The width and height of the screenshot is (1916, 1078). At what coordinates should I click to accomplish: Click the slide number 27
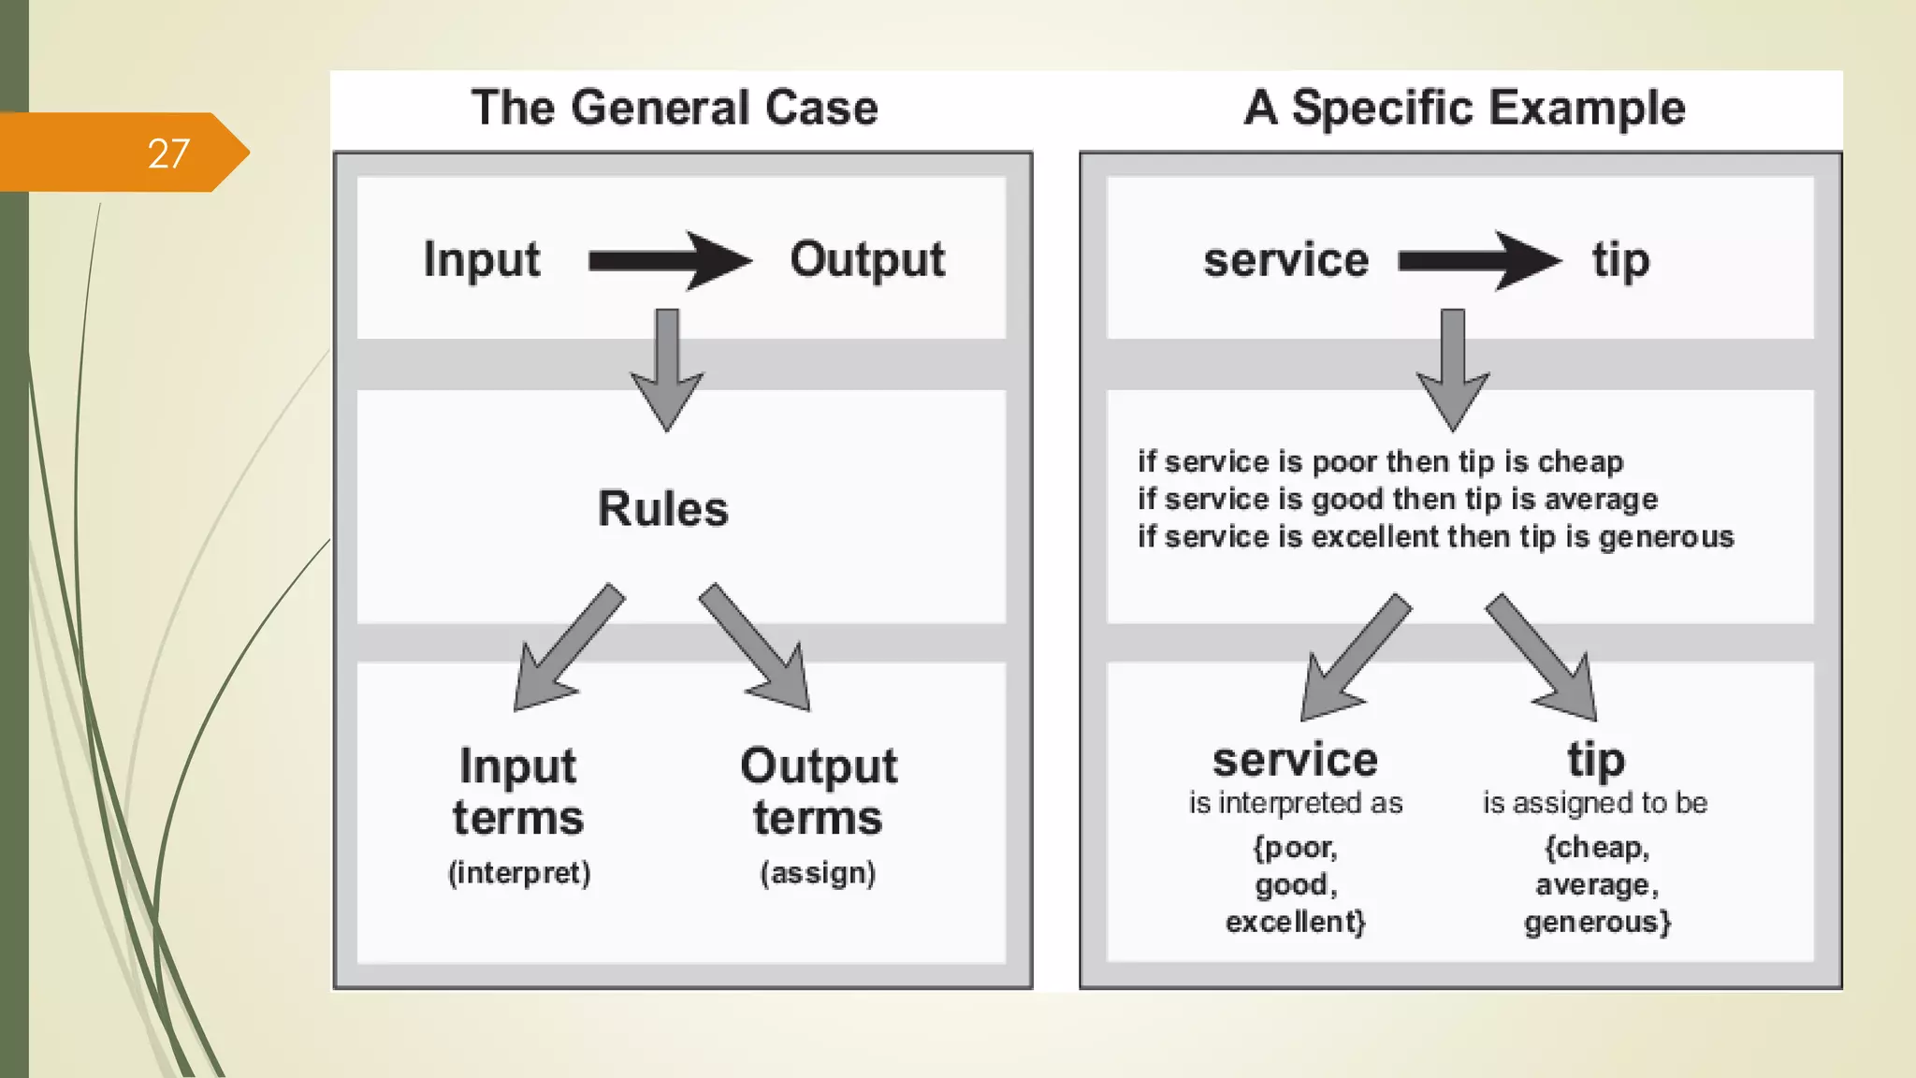pyautogui.click(x=168, y=153)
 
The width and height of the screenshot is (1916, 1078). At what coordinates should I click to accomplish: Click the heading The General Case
pyautogui.click(x=675, y=108)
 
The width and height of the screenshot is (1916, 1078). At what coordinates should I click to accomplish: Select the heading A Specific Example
pyautogui.click(x=1464, y=108)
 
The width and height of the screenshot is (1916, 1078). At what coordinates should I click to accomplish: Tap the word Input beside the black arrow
pyautogui.click(x=481, y=260)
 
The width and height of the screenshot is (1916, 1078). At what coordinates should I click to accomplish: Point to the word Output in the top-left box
pyautogui.click(x=867, y=260)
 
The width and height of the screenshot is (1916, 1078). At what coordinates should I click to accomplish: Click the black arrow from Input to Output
pyautogui.click(x=669, y=260)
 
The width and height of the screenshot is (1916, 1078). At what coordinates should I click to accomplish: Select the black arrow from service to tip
pyautogui.click(x=1478, y=260)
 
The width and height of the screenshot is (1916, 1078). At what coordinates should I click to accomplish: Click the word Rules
pyautogui.click(x=662, y=509)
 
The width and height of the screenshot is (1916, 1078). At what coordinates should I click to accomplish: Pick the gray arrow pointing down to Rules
pyautogui.click(x=666, y=370)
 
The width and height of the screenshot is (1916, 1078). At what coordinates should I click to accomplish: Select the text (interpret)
pyautogui.click(x=519, y=873)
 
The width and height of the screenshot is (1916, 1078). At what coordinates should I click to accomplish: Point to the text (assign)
pyautogui.click(x=818, y=873)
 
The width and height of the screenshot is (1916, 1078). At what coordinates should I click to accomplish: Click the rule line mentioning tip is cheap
pyautogui.click(x=1380, y=461)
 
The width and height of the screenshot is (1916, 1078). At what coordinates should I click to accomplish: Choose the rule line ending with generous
pyautogui.click(x=1435, y=537)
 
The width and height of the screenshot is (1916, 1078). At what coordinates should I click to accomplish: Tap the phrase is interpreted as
pyautogui.click(x=1296, y=803)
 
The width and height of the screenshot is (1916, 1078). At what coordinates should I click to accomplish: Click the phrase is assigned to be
pyautogui.click(x=1595, y=803)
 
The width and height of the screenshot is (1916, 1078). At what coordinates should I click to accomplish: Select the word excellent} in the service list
pyautogui.click(x=1296, y=922)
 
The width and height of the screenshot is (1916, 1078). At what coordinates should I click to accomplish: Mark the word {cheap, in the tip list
pyautogui.click(x=1596, y=848)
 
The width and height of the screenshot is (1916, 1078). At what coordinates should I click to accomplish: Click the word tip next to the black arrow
pyautogui.click(x=1620, y=260)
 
